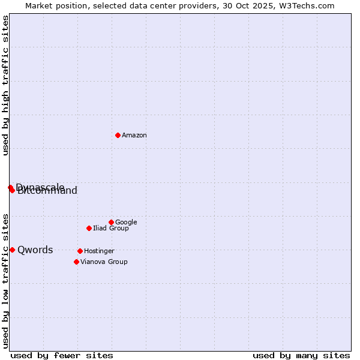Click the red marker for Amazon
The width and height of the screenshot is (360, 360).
(118, 135)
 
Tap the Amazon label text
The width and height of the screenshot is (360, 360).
(134, 136)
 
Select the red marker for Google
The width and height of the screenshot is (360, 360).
(111, 222)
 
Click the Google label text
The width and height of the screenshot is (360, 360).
(126, 223)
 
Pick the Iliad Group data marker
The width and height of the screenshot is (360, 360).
(89, 228)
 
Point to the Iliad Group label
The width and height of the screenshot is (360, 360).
(111, 229)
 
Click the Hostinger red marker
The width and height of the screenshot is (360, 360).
(80, 251)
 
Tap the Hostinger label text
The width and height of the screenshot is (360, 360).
(99, 251)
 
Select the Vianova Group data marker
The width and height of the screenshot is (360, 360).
(76, 262)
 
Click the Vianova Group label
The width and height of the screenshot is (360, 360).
(104, 262)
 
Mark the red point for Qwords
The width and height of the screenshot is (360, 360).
(12, 250)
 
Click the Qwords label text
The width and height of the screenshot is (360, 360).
(35, 250)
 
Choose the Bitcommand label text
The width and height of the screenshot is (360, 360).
(48, 192)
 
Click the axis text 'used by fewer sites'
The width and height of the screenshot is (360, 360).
(62, 355)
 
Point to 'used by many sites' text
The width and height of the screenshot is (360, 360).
(301, 355)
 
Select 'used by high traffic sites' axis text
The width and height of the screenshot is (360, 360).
(6, 86)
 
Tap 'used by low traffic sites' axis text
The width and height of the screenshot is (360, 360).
(6, 281)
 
